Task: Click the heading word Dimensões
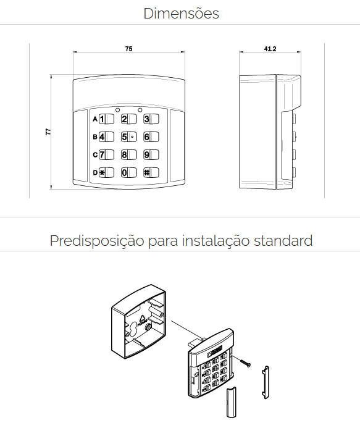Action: coord(181,13)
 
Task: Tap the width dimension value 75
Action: coord(128,48)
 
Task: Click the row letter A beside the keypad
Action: coord(95,119)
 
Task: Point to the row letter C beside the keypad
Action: coord(95,155)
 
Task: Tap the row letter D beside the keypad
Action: coord(95,173)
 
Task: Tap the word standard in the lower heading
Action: coord(283,240)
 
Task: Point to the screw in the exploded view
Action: coord(246,363)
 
